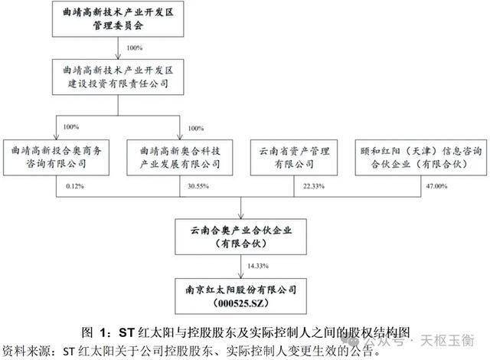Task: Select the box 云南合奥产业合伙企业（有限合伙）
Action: pos(243,235)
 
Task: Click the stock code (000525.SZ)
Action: pos(243,303)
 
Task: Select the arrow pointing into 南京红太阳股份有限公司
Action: pos(243,275)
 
